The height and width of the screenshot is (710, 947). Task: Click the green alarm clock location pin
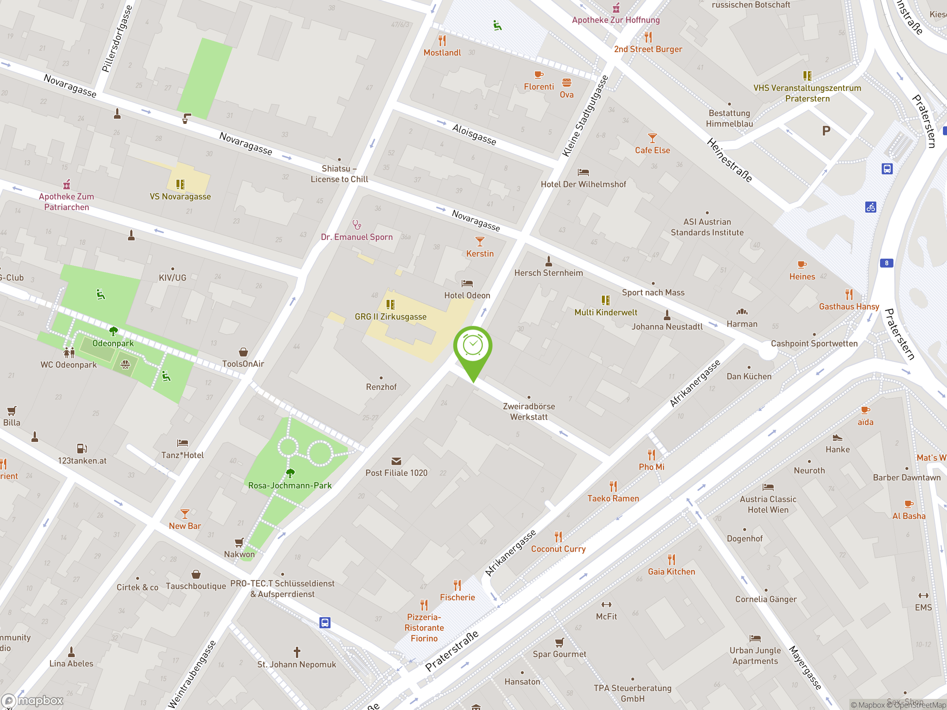coord(473,346)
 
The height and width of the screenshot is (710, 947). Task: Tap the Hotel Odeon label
coord(467,295)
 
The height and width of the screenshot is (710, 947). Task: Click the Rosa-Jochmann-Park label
coord(290,485)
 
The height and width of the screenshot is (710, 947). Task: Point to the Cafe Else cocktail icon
coord(652,138)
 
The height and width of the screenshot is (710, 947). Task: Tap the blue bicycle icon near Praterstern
coord(870,207)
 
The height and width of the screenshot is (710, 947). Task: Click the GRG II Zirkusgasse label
coord(390,317)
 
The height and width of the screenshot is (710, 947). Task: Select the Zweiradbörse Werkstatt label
coord(529,411)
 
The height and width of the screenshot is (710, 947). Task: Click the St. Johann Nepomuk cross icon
coord(297,652)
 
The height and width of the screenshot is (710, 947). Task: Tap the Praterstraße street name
coord(452,651)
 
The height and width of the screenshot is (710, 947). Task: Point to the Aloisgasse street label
coord(474,134)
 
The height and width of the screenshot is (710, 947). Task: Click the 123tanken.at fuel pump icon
coord(82,449)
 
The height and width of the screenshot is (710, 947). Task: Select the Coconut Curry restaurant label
coord(558,549)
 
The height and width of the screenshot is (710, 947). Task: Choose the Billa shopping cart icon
coord(12,411)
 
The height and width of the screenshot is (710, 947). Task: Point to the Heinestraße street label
coord(729,160)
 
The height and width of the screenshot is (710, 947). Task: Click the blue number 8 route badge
coord(886,263)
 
